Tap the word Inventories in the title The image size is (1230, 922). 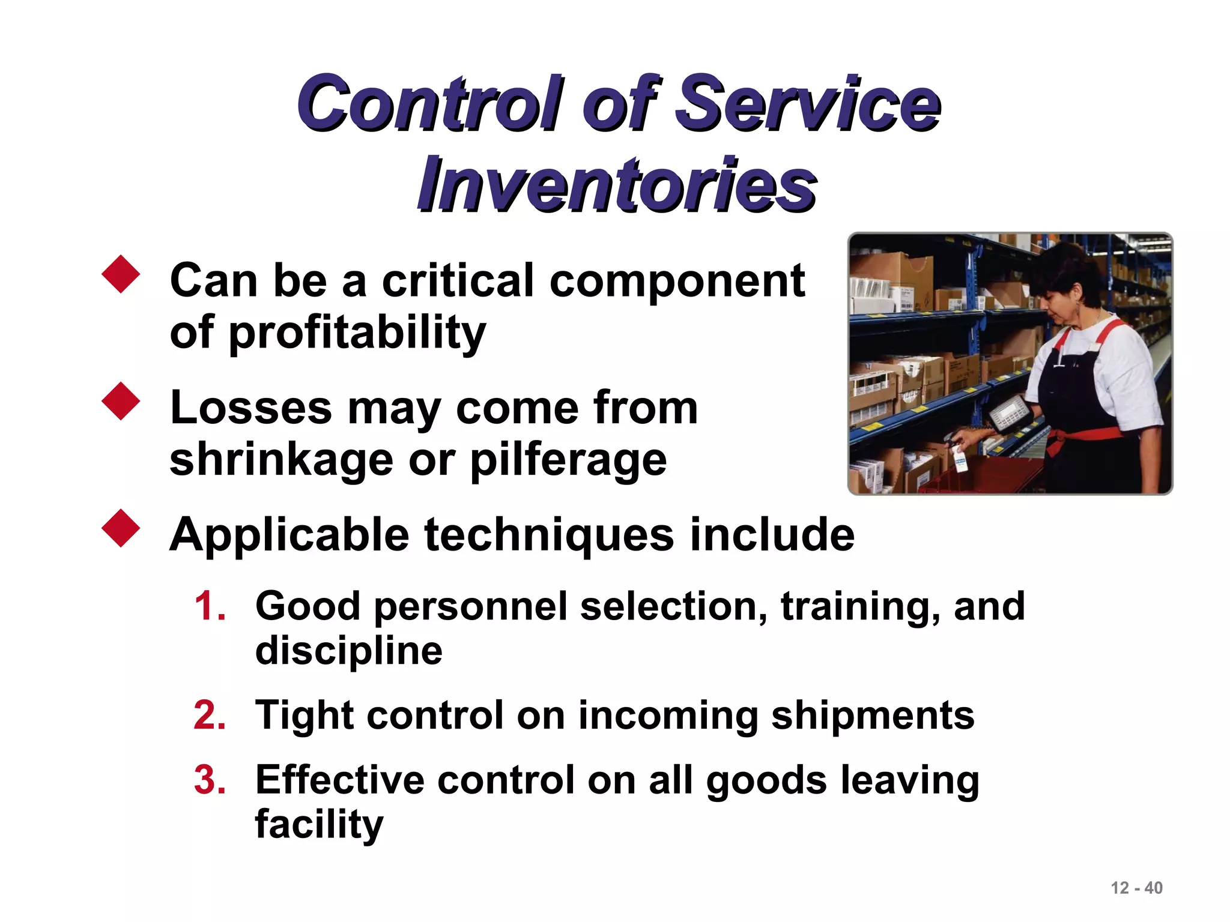pos(617,185)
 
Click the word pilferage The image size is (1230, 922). pos(568,460)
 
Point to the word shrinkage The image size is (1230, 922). pos(281,460)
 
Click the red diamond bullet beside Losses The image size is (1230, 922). pos(121,401)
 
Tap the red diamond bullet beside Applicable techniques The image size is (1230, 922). pos(121,528)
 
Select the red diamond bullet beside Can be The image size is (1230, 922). pos(121,274)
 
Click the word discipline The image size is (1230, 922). pos(348,651)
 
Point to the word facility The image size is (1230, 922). pos(319,824)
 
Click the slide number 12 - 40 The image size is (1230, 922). pos(1136,888)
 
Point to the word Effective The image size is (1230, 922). pos(339,780)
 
